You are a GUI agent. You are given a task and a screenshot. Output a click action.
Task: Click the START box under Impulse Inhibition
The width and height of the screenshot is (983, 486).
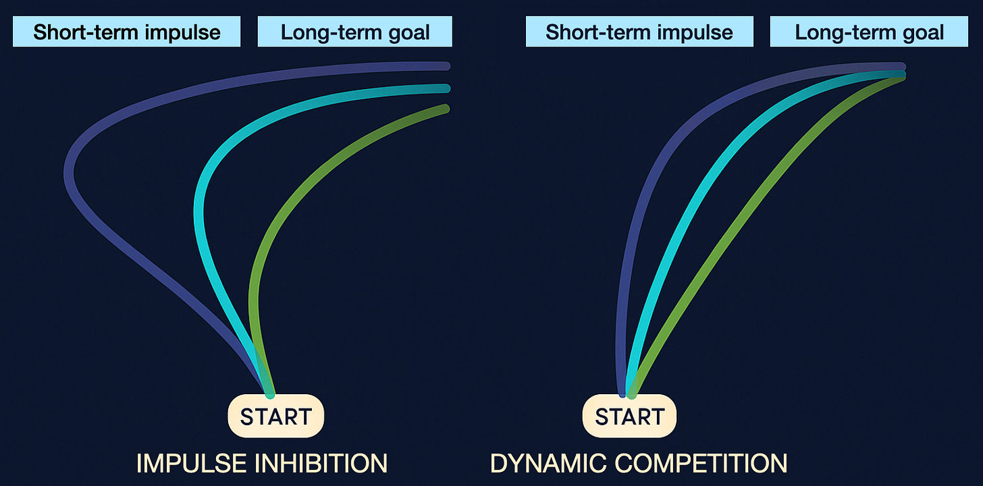pos(276,416)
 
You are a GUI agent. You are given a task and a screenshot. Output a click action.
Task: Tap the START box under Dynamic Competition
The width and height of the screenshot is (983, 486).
pos(629,416)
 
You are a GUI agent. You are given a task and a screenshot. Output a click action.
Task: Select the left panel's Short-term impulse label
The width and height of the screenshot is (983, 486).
pos(127,32)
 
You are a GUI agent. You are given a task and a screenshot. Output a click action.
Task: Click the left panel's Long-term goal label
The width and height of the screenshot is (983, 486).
pos(355,32)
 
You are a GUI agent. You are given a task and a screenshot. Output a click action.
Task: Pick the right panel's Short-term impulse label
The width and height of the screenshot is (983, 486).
pos(639,32)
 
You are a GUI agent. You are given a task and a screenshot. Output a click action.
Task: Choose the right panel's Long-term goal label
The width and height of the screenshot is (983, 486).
pos(870,32)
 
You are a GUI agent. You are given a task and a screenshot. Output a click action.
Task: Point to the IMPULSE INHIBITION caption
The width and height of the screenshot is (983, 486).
pos(262,464)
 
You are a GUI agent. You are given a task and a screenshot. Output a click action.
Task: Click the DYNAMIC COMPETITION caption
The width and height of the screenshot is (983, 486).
pos(639,464)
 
